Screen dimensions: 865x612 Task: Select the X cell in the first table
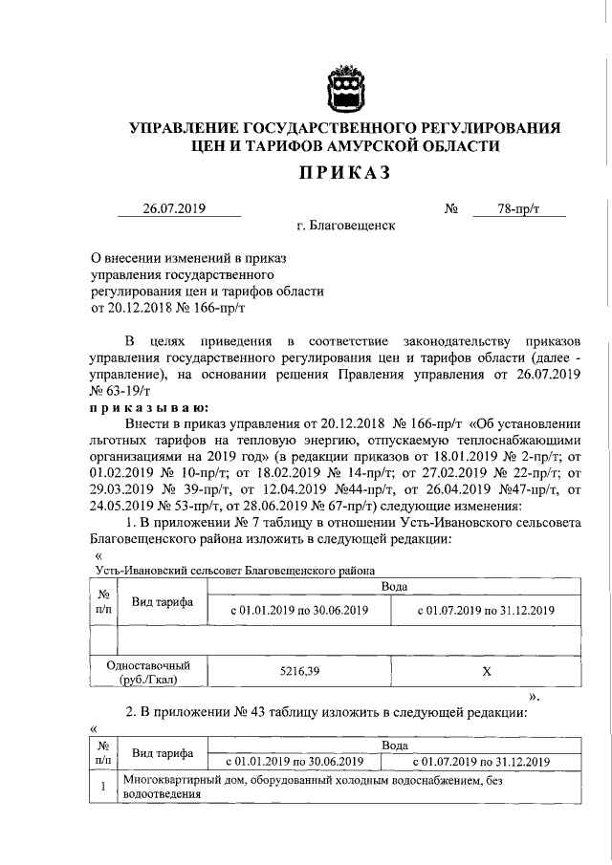point(487,672)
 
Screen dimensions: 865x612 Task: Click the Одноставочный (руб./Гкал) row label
point(149,672)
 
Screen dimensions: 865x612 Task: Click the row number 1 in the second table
point(101,788)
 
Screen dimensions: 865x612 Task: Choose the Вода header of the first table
point(395,586)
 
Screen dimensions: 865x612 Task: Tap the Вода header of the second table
point(395,745)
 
